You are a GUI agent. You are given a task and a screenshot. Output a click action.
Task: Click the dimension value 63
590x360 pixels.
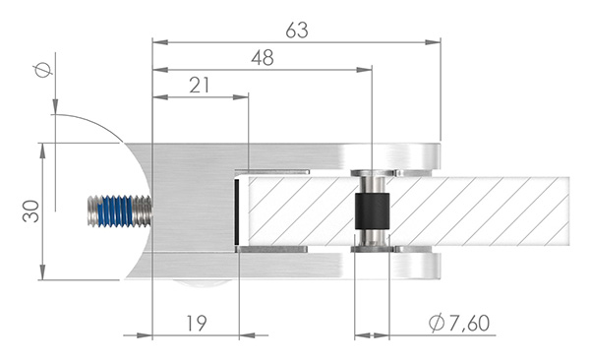coord(296,30)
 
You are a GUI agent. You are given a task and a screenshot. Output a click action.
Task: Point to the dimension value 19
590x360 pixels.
coord(195,323)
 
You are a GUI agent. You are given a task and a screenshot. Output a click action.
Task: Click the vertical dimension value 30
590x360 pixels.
coord(31,210)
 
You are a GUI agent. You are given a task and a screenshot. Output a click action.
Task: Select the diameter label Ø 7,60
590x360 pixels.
coord(460,323)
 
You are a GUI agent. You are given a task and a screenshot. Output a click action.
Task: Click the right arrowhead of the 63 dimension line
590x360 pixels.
coord(434,42)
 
